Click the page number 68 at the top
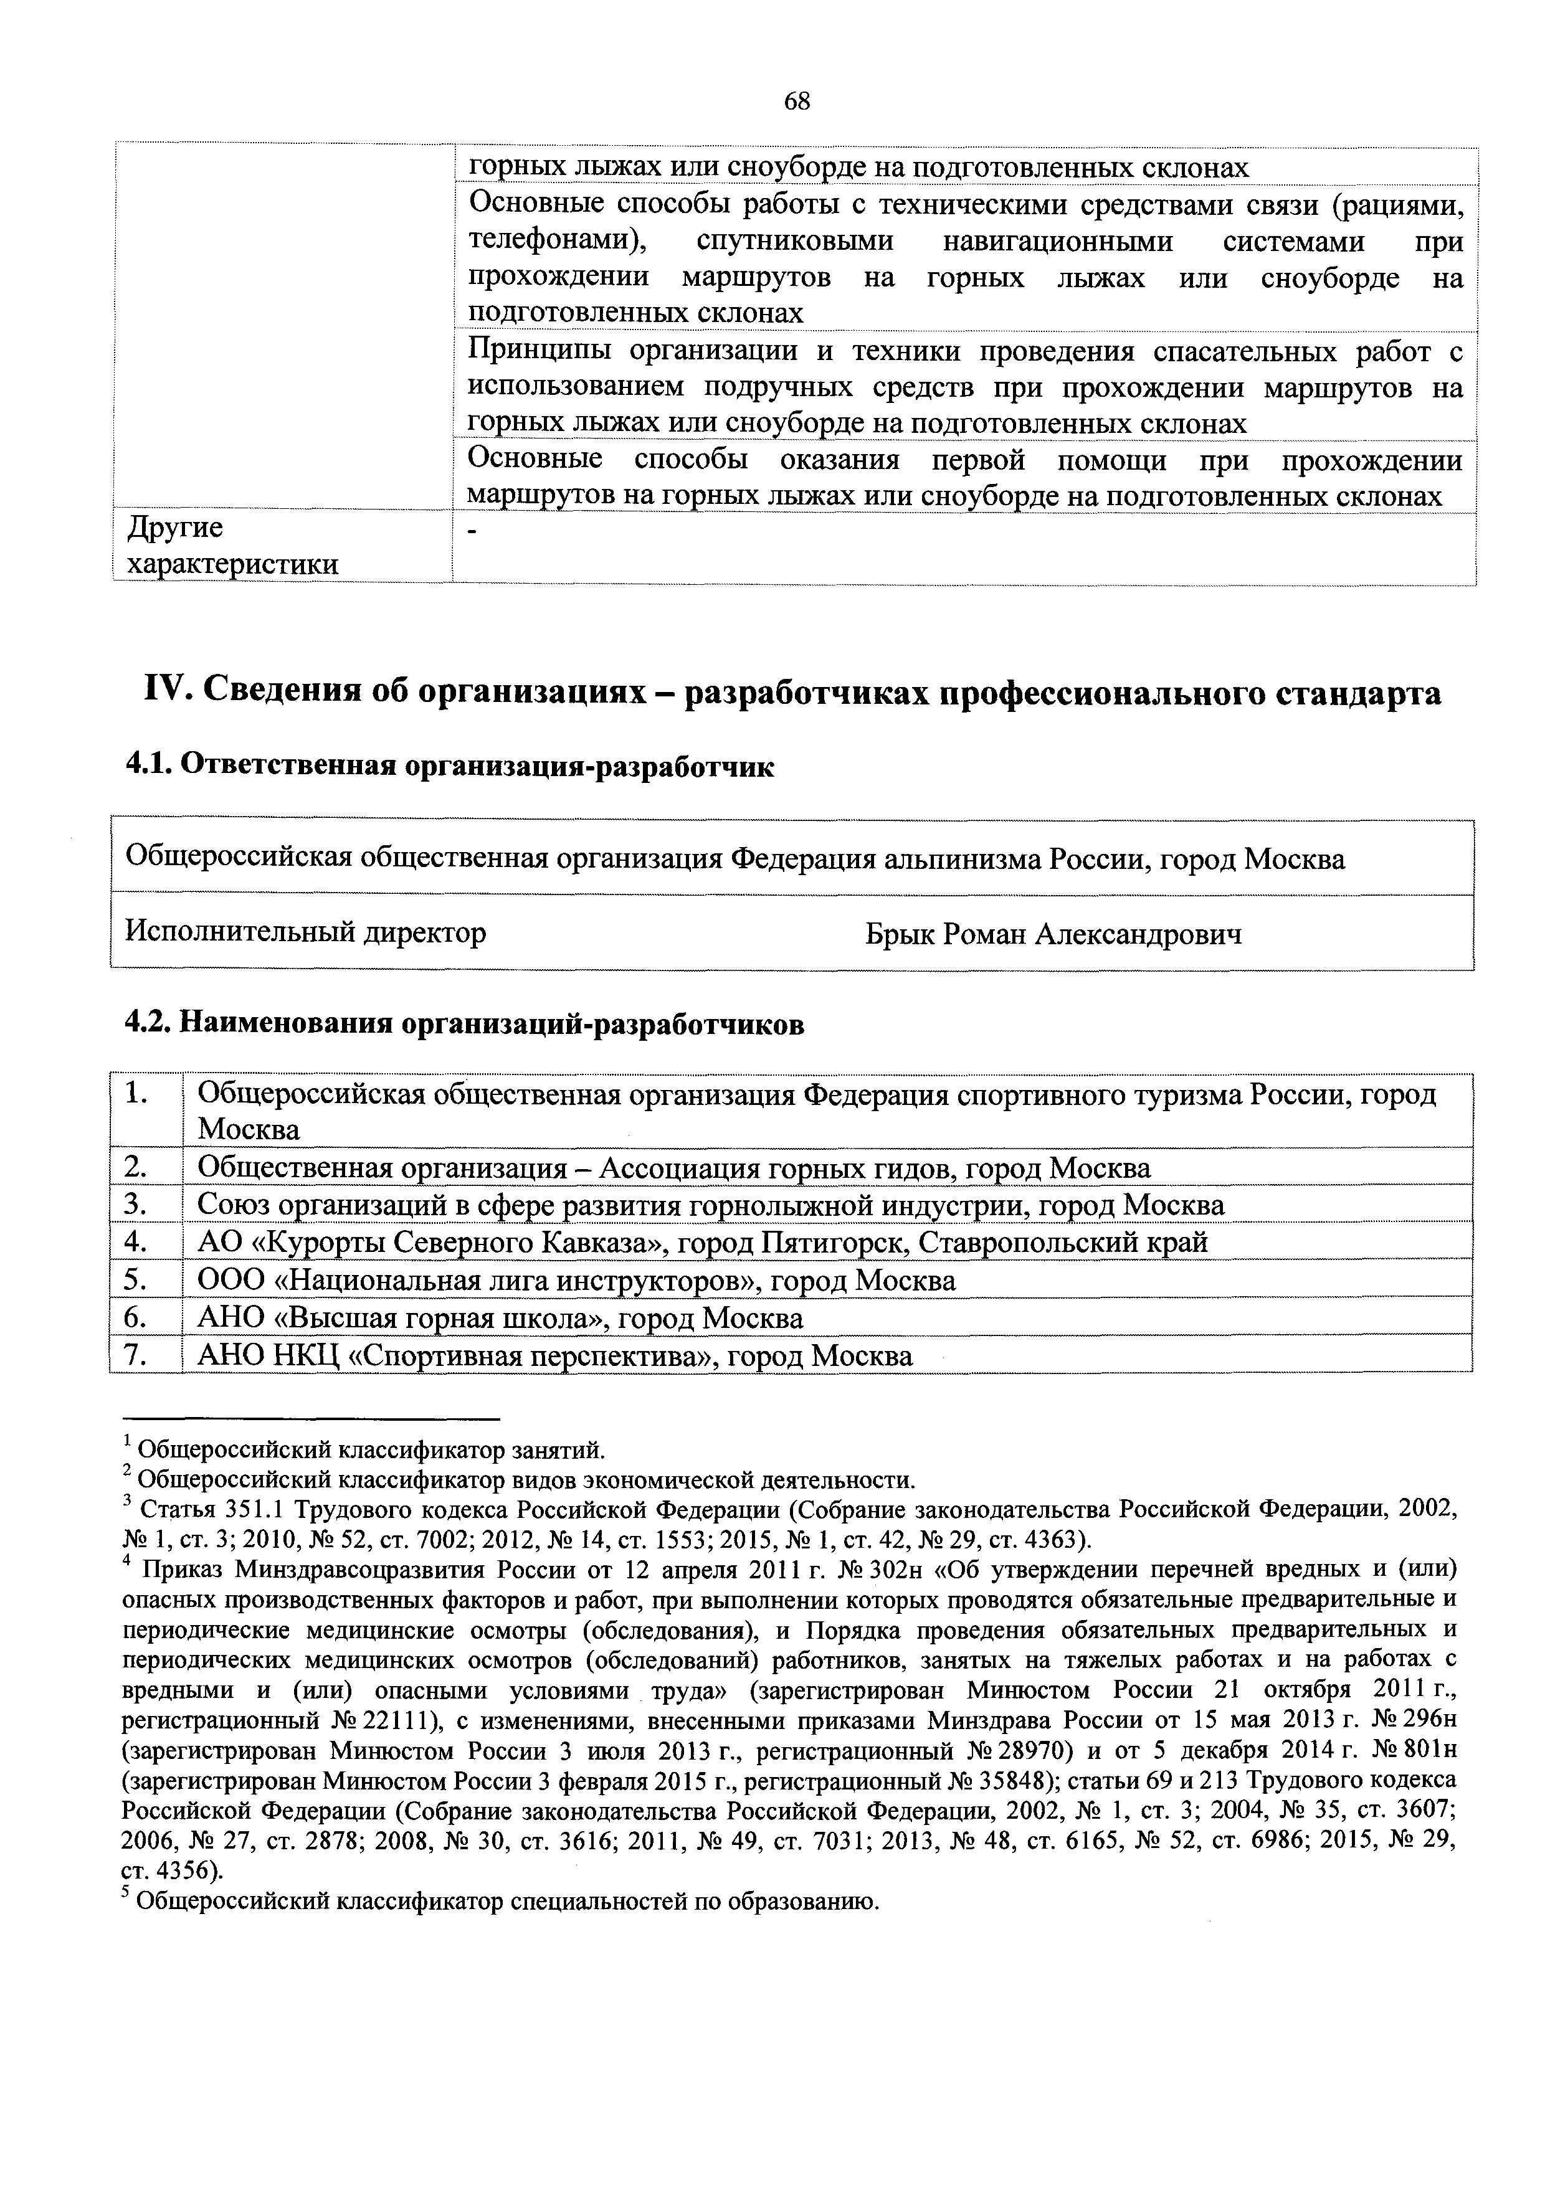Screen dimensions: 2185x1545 click(x=797, y=102)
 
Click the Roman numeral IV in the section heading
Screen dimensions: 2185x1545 click(x=162, y=693)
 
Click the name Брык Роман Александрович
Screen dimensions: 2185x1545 click(x=1053, y=934)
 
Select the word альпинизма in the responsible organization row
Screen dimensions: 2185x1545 click(x=961, y=860)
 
